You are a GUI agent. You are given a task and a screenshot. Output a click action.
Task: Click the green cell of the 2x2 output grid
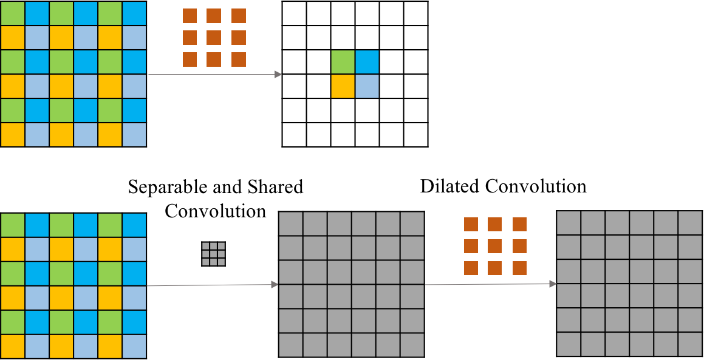[343, 62]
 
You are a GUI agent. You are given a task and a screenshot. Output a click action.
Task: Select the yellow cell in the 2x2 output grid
[343, 86]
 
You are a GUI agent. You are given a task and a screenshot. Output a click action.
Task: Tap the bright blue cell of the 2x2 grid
[367, 62]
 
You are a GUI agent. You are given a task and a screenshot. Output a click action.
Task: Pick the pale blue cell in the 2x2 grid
[367, 86]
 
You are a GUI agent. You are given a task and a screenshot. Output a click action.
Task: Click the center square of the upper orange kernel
[214, 38]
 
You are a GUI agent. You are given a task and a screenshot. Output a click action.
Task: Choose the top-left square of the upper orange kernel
[190, 16]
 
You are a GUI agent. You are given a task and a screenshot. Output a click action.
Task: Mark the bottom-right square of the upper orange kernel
[239, 59]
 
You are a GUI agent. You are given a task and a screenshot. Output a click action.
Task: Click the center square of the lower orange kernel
[495, 246]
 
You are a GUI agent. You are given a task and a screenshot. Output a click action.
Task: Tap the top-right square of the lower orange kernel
[519, 224]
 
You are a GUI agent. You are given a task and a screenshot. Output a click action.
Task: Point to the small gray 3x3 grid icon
[213, 254]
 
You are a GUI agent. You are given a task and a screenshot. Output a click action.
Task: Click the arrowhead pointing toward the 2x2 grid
[278, 74]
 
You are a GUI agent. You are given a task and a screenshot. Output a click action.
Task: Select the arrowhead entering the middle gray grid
[275, 285]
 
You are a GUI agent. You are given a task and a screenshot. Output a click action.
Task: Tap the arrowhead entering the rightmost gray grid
[553, 284]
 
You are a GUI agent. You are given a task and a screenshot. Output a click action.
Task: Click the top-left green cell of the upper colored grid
[13, 13]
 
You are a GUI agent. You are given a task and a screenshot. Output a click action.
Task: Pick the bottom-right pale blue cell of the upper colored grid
[134, 135]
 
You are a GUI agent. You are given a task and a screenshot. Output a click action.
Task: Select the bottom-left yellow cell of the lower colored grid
[13, 346]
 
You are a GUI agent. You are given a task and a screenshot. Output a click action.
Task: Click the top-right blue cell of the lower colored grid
[134, 225]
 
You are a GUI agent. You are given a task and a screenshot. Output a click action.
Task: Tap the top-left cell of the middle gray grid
[291, 224]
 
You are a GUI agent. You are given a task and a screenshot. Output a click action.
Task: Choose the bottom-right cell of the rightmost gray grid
[690, 344]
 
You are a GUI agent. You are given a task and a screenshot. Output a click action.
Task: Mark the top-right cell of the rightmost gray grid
[690, 223]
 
